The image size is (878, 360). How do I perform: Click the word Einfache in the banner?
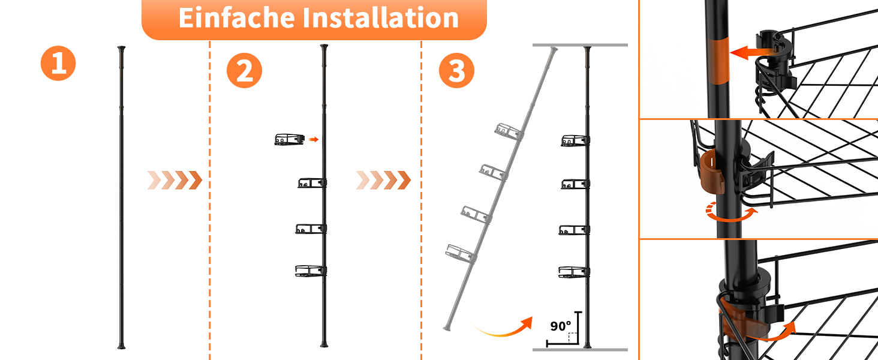tap(236, 17)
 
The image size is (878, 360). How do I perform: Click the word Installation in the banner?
tap(381, 17)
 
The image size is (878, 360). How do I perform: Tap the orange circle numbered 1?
tap(58, 63)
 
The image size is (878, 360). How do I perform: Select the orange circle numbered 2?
tap(244, 71)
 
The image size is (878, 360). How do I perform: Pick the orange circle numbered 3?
tap(456, 71)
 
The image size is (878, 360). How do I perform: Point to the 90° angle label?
tap(561, 326)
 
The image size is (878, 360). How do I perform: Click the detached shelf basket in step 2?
tap(290, 140)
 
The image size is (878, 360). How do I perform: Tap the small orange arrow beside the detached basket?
tap(313, 139)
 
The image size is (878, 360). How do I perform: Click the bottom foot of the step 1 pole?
tap(122, 346)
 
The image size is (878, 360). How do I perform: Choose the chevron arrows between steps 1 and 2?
tap(175, 181)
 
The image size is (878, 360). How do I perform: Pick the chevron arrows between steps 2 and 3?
tap(384, 181)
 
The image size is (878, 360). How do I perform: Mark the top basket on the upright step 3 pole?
tap(575, 140)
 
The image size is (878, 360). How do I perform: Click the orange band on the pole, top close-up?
tap(718, 61)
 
